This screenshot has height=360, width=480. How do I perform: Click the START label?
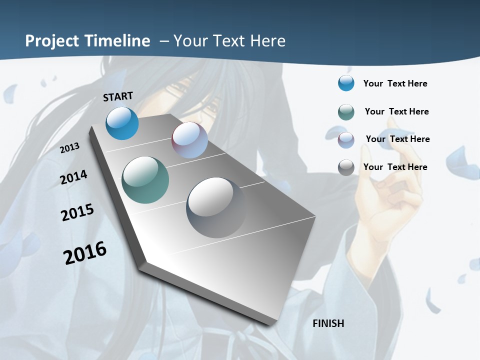click(118, 96)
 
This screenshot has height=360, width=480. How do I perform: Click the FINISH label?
click(328, 323)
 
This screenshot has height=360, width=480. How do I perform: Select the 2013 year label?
click(69, 148)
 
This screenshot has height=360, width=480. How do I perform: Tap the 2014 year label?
click(73, 177)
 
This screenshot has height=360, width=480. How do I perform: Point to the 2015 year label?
click(77, 212)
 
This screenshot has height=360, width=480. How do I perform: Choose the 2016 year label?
click(85, 253)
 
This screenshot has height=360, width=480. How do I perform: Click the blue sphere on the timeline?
click(122, 123)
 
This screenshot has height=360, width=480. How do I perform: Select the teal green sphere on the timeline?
click(145, 180)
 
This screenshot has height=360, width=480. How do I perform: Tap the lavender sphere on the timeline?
click(189, 140)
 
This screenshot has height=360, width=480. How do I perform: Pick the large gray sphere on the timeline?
click(216, 207)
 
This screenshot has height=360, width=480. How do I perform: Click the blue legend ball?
click(346, 83)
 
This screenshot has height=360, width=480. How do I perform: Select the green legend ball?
click(346, 111)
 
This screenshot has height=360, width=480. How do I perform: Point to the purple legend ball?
click(346, 139)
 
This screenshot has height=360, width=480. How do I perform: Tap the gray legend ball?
click(346, 167)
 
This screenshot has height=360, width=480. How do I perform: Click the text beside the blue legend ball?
click(395, 83)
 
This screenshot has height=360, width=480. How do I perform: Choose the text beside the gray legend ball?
click(395, 167)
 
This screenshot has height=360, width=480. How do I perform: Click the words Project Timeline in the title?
click(87, 41)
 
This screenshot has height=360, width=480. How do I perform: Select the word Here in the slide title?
click(268, 41)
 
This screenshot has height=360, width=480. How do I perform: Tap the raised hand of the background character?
click(387, 200)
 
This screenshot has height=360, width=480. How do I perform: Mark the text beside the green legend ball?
click(396, 111)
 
